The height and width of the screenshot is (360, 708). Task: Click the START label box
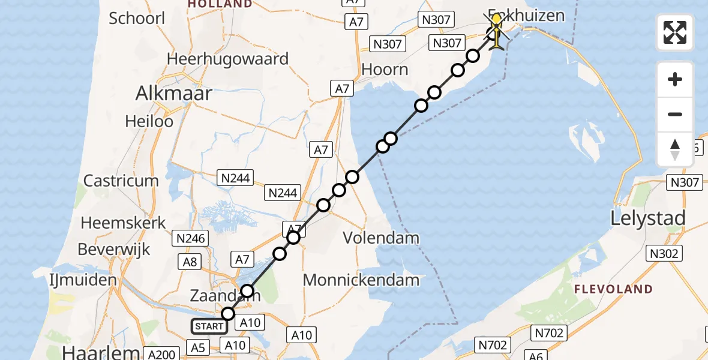point(209,327)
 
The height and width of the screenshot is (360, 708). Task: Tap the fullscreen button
point(675,32)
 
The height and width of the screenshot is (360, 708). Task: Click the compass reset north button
point(675,149)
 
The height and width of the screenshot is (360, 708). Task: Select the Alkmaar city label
point(174,93)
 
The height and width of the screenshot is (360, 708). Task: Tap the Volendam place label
point(381,238)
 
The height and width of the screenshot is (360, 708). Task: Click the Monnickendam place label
point(361,280)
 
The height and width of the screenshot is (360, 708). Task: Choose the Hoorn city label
point(385,70)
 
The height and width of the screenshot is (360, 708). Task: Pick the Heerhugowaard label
point(228,59)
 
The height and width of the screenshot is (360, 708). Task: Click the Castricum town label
point(121,181)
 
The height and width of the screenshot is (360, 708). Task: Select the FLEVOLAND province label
point(613,289)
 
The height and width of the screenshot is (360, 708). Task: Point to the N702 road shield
point(545,331)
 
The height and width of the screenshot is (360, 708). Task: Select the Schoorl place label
point(137,18)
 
